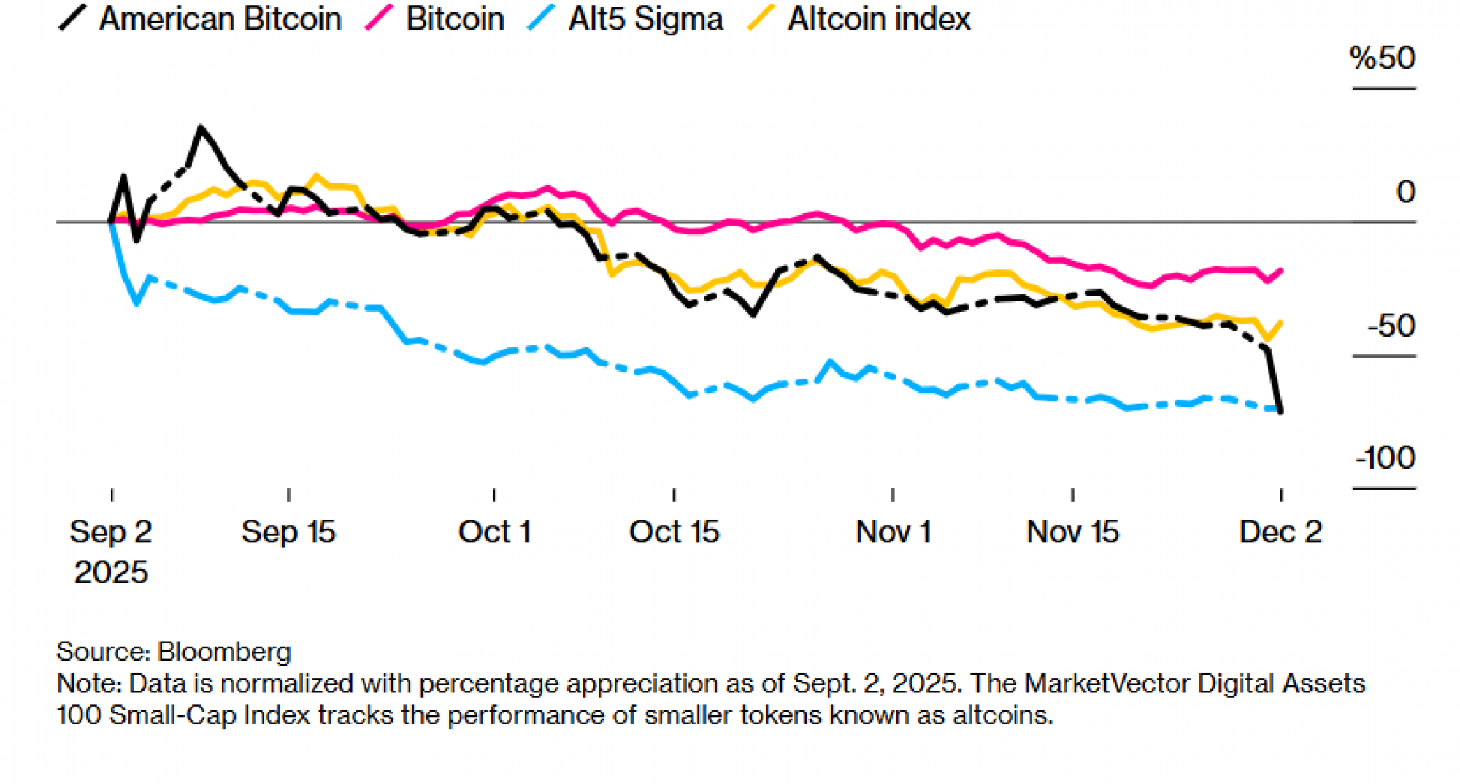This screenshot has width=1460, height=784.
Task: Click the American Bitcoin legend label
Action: point(220,19)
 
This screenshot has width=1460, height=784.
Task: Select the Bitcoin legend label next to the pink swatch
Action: point(455,19)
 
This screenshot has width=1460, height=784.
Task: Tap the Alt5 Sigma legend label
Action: point(645,19)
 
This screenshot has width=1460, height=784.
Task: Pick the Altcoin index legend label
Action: point(879,19)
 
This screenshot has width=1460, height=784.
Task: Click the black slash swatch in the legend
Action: point(72,18)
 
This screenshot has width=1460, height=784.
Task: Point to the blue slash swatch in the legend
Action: point(541,18)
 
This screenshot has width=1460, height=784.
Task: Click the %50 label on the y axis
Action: point(1382,58)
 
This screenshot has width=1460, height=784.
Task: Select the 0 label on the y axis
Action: point(1405,192)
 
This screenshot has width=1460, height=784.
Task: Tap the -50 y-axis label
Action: point(1391,326)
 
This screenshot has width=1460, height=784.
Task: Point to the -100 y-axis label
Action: point(1385,458)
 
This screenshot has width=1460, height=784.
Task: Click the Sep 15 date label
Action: point(288,532)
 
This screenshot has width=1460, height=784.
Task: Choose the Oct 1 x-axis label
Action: point(494,532)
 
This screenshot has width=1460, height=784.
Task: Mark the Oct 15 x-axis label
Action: point(674,532)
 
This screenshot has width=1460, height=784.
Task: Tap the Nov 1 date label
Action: point(893,532)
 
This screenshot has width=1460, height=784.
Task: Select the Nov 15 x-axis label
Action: point(1072,532)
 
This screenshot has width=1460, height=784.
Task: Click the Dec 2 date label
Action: point(1280,532)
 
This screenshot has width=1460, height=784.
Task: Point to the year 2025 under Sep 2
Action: point(111,572)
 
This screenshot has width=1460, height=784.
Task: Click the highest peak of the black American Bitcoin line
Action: point(201,128)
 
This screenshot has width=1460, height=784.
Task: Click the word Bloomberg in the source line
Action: point(224,651)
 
